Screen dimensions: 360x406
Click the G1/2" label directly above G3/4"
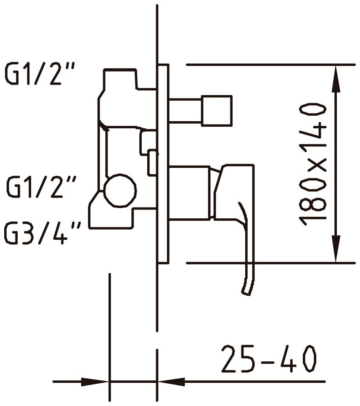coord(41,186)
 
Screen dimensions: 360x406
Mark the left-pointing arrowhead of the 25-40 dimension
coord(172,382)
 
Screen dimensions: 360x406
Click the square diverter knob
coord(217,110)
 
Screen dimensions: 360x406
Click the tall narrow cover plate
coord(163,164)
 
